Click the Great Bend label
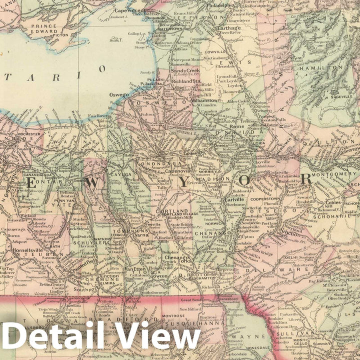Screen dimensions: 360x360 coord(193,300)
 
